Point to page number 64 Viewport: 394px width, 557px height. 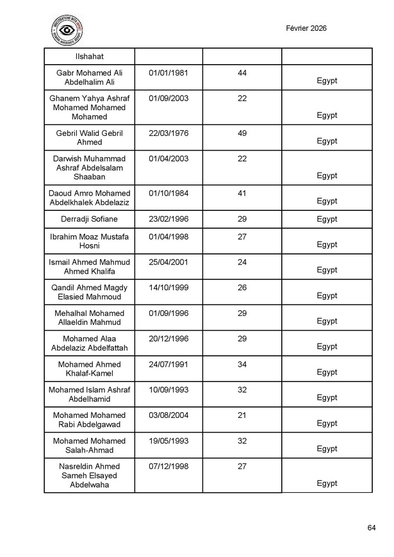372,528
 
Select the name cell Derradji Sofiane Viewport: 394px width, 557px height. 89,219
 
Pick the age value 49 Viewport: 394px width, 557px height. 242,133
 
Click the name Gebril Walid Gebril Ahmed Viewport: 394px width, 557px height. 89,138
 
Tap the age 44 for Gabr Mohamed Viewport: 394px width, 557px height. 242,73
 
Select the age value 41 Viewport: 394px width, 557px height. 242,194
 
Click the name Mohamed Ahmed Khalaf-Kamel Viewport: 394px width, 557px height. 89,369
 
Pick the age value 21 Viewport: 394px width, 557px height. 242,415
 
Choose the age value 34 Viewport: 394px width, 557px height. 242,364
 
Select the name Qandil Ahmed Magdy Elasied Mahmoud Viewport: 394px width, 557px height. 89,292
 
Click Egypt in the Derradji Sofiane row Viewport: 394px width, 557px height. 327,219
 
